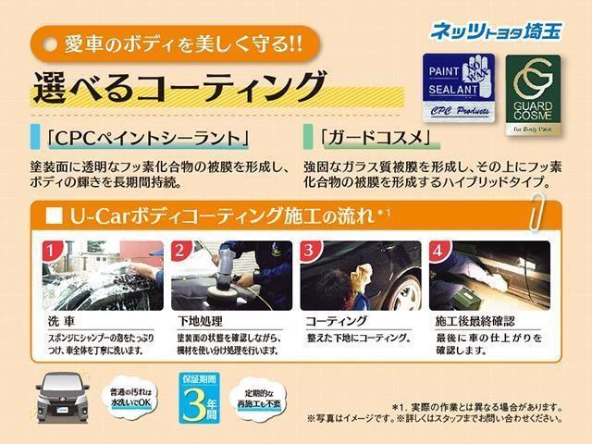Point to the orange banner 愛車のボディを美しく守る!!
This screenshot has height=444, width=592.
pos(175,42)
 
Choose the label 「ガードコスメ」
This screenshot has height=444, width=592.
pos(374,139)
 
